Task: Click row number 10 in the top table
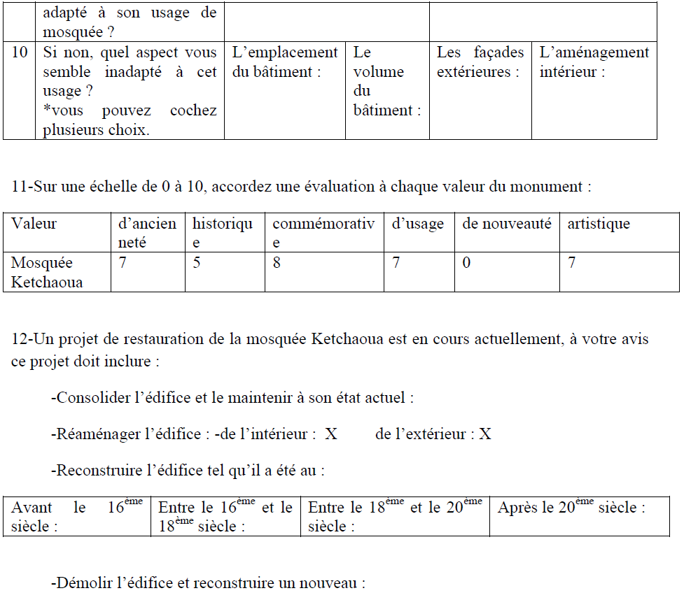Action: click(x=19, y=53)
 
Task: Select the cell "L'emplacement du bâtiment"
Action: click(x=284, y=62)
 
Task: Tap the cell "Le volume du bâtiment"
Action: click(x=386, y=81)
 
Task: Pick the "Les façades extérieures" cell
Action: click(x=480, y=62)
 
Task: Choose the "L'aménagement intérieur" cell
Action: click(x=594, y=62)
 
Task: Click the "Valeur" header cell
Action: click(x=34, y=224)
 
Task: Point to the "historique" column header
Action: click(x=223, y=233)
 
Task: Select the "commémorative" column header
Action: click(x=323, y=233)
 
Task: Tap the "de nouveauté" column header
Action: click(x=506, y=224)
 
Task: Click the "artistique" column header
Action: click(x=599, y=224)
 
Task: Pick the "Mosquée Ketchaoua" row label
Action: click(x=47, y=273)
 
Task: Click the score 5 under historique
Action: click(x=197, y=264)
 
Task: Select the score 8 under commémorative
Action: click(x=277, y=264)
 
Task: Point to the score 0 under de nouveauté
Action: click(x=467, y=264)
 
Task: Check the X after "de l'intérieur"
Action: click(x=331, y=434)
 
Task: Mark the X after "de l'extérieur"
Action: click(x=485, y=434)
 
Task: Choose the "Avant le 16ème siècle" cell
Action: click(x=76, y=517)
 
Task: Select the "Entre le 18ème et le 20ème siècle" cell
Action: click(x=395, y=517)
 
